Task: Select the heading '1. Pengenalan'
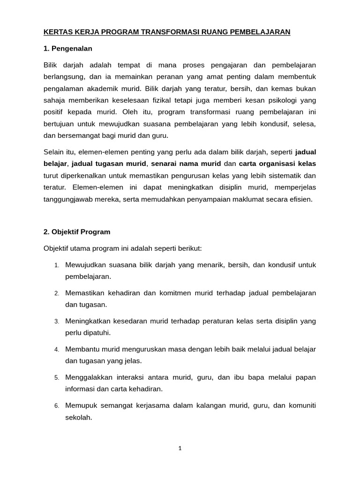point(67,48)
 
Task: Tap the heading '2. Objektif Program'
point(77,232)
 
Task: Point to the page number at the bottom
point(180,448)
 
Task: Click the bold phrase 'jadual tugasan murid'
point(108,164)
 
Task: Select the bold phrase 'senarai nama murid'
point(186,164)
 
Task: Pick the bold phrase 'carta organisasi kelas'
point(277,164)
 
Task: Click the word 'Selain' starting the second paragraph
point(53,151)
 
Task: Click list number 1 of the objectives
point(56,265)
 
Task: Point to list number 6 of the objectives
point(56,405)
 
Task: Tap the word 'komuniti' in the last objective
point(301,405)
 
